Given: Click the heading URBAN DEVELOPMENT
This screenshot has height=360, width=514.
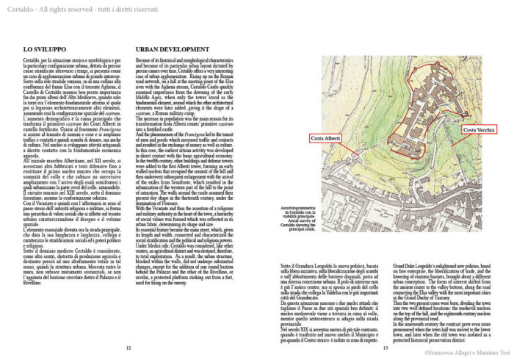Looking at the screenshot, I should pos(172,49).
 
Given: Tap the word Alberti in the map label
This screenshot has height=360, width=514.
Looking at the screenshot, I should pos(335,139).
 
